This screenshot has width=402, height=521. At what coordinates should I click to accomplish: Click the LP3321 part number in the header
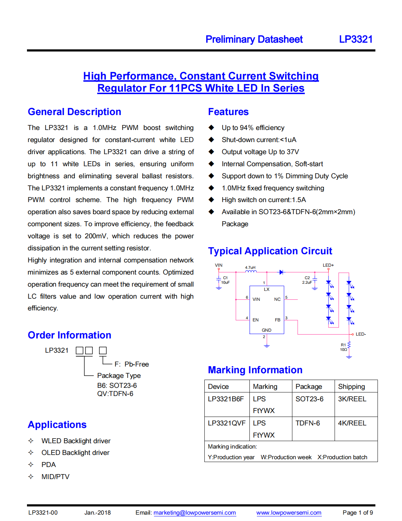[356, 39]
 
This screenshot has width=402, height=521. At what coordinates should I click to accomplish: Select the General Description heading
[75, 112]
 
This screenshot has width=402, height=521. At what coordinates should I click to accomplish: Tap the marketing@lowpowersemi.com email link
[194, 512]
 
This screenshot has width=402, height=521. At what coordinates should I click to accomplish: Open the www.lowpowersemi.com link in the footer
[289, 512]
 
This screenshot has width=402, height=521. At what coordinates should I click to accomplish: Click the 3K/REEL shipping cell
[352, 399]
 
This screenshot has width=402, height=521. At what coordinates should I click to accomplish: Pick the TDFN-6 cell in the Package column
[308, 423]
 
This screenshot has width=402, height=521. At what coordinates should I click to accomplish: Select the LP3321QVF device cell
[227, 423]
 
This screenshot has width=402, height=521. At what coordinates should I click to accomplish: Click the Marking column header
[265, 386]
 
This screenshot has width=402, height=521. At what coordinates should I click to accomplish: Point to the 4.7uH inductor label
[250, 267]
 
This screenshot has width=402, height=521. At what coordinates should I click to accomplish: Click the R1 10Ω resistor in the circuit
[349, 345]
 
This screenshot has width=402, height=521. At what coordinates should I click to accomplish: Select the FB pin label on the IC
[277, 320]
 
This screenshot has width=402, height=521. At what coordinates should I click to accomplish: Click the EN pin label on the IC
[255, 320]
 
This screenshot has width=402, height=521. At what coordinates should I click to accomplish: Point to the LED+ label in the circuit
[328, 265]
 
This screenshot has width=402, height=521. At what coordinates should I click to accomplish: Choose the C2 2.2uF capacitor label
[307, 280]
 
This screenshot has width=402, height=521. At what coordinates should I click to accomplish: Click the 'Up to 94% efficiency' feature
[253, 128]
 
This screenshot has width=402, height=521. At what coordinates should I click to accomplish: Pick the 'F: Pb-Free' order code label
[132, 364]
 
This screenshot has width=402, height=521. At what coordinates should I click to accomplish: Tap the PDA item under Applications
[49, 465]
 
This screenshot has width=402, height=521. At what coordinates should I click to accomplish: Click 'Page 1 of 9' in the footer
[358, 512]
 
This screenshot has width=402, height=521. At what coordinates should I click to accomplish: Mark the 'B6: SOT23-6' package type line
[117, 385]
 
